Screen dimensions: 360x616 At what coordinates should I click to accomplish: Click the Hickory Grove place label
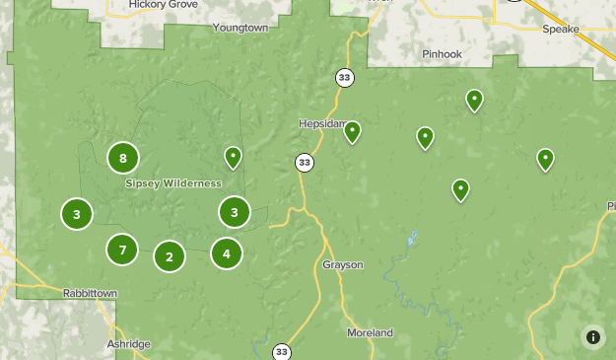(164, 5)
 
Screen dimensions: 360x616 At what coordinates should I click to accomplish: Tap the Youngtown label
(240, 29)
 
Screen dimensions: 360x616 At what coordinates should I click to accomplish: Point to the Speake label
(561, 30)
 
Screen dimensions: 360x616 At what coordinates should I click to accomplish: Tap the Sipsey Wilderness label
(173, 183)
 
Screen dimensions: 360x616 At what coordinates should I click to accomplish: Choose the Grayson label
(343, 265)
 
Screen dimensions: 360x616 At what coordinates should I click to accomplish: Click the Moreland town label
(370, 332)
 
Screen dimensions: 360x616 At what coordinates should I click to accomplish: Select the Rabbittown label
(90, 294)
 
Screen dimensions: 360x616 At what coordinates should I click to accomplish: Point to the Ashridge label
(128, 343)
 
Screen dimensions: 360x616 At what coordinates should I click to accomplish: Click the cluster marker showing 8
(123, 158)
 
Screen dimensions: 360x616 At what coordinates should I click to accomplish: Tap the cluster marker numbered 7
(122, 250)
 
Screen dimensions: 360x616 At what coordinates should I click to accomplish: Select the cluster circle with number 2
(170, 257)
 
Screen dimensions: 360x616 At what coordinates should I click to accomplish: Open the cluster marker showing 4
(227, 253)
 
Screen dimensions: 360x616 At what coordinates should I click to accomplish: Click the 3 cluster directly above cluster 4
(234, 211)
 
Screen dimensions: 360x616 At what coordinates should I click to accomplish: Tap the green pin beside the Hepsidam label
(352, 131)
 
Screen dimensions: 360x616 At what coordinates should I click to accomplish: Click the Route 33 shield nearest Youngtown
(343, 77)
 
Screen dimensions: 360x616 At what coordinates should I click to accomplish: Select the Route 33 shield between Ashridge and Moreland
(282, 351)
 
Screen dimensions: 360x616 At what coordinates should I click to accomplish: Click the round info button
(593, 337)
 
